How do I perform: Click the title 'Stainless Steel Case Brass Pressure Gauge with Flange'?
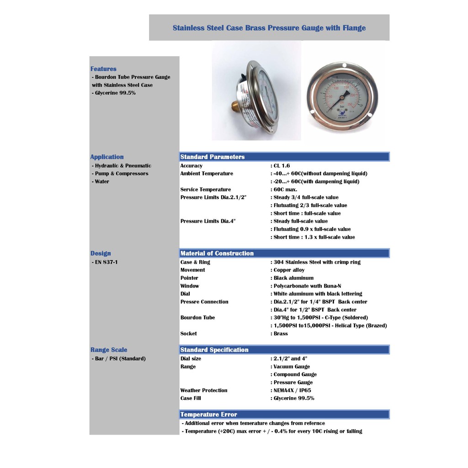[269, 28]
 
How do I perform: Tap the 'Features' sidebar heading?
[103, 69]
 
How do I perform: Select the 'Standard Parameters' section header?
[213, 157]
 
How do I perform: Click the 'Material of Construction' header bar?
[217, 253]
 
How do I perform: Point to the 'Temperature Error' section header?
[209, 415]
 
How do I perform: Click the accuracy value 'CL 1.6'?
[282, 166]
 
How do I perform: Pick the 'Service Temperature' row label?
[206, 190]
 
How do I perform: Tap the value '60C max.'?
[285, 190]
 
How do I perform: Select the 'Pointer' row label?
[189, 278]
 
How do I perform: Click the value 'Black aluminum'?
[293, 278]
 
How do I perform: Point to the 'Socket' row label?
[188, 334]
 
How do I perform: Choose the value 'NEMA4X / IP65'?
[292, 390]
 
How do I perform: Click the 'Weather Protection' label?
[204, 390]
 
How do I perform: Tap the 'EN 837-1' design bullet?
[106, 262]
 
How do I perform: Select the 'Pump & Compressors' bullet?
[121, 174]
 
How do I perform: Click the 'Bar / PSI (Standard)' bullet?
[120, 359]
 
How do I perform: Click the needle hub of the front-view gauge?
[342, 97]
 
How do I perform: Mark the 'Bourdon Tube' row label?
[197, 318]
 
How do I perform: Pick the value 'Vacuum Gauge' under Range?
[292, 367]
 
